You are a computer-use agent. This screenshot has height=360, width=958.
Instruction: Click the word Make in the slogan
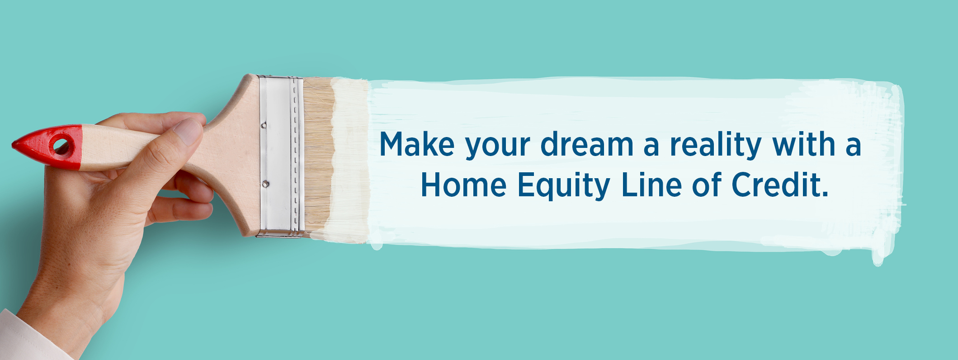pos(416,144)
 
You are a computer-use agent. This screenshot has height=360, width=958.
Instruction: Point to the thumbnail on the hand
pos(188,131)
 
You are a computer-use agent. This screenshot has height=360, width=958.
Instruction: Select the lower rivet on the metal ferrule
pos(266,184)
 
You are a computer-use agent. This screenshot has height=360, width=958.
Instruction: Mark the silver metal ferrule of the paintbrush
pos(280,156)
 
